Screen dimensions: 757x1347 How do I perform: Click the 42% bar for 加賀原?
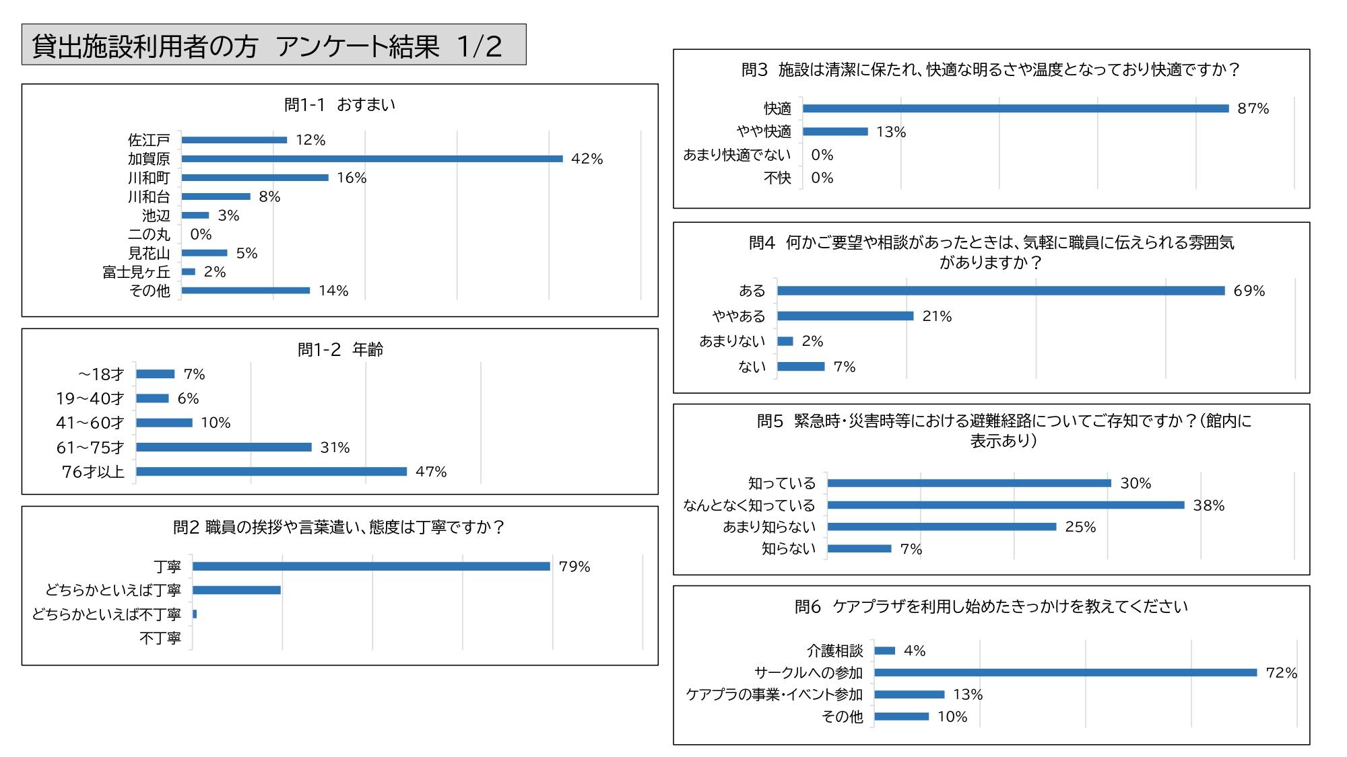(372, 159)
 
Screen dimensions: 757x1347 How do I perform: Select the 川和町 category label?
(149, 178)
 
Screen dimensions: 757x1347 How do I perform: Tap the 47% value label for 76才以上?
(431, 472)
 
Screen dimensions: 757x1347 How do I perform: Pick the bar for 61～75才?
(224, 447)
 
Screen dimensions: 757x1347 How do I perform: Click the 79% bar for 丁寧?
(371, 567)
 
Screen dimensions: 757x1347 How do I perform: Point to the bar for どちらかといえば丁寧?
(236, 590)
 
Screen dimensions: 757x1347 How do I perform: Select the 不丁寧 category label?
(160, 638)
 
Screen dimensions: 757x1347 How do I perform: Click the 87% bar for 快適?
(1016, 108)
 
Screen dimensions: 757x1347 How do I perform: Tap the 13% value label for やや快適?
(891, 132)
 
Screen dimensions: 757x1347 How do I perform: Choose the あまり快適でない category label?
(737, 155)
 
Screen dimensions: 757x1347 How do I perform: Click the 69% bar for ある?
(1001, 291)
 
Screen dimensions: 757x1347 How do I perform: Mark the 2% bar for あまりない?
(785, 341)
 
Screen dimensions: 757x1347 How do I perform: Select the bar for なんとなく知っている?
(1006, 505)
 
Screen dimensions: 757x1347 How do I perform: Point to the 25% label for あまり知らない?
(1080, 527)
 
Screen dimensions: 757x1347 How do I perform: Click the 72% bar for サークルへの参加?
(1065, 672)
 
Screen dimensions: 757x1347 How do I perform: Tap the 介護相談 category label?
(835, 651)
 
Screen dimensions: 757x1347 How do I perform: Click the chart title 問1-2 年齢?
(340, 350)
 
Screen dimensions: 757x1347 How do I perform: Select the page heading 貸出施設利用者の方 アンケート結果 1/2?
(267, 46)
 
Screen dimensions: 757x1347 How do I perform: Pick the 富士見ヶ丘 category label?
(136, 272)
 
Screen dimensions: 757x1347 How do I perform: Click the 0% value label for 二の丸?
(201, 234)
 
